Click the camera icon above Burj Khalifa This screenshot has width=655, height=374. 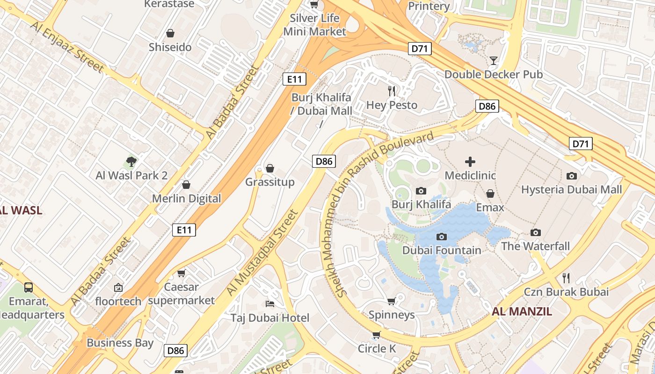[421, 191]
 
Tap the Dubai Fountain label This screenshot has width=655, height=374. [442, 250]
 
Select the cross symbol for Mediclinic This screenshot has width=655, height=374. [470, 162]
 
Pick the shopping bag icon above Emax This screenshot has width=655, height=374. [490, 194]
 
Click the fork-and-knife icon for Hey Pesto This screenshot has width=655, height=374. [392, 91]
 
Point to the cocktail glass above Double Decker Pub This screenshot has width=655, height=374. [493, 60]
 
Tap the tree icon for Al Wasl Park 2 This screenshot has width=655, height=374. [131, 162]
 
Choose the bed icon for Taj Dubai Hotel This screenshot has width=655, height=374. [270, 304]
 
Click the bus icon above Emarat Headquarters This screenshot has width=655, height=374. [29, 287]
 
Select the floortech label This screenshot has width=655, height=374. [118, 301]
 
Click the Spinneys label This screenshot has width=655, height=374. [392, 315]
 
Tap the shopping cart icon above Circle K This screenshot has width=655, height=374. [377, 335]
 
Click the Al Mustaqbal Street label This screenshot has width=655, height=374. [262, 252]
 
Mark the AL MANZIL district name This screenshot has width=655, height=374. [522, 311]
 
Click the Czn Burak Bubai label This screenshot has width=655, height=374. [566, 292]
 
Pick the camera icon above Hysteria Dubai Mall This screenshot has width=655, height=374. [571, 176]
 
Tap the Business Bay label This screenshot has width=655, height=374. [120, 343]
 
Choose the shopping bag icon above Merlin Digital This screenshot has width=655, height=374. [186, 185]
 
